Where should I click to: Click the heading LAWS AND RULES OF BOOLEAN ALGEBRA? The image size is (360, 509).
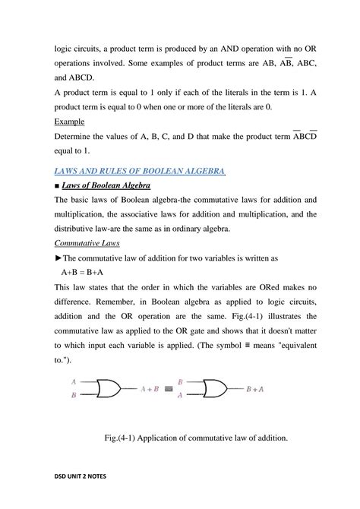click(x=140, y=172)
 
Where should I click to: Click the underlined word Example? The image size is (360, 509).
click(x=70, y=122)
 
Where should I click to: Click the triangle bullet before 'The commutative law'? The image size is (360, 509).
click(x=58, y=258)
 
